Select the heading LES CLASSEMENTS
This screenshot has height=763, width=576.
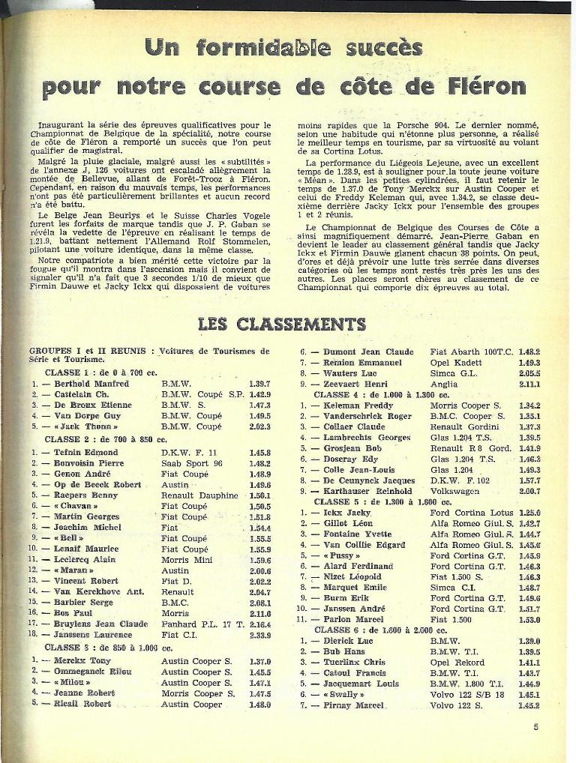pyautogui.click(x=281, y=324)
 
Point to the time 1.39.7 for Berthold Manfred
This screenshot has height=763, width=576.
pyautogui.click(x=259, y=384)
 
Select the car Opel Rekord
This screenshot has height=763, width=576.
pyautogui.click(x=460, y=663)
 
